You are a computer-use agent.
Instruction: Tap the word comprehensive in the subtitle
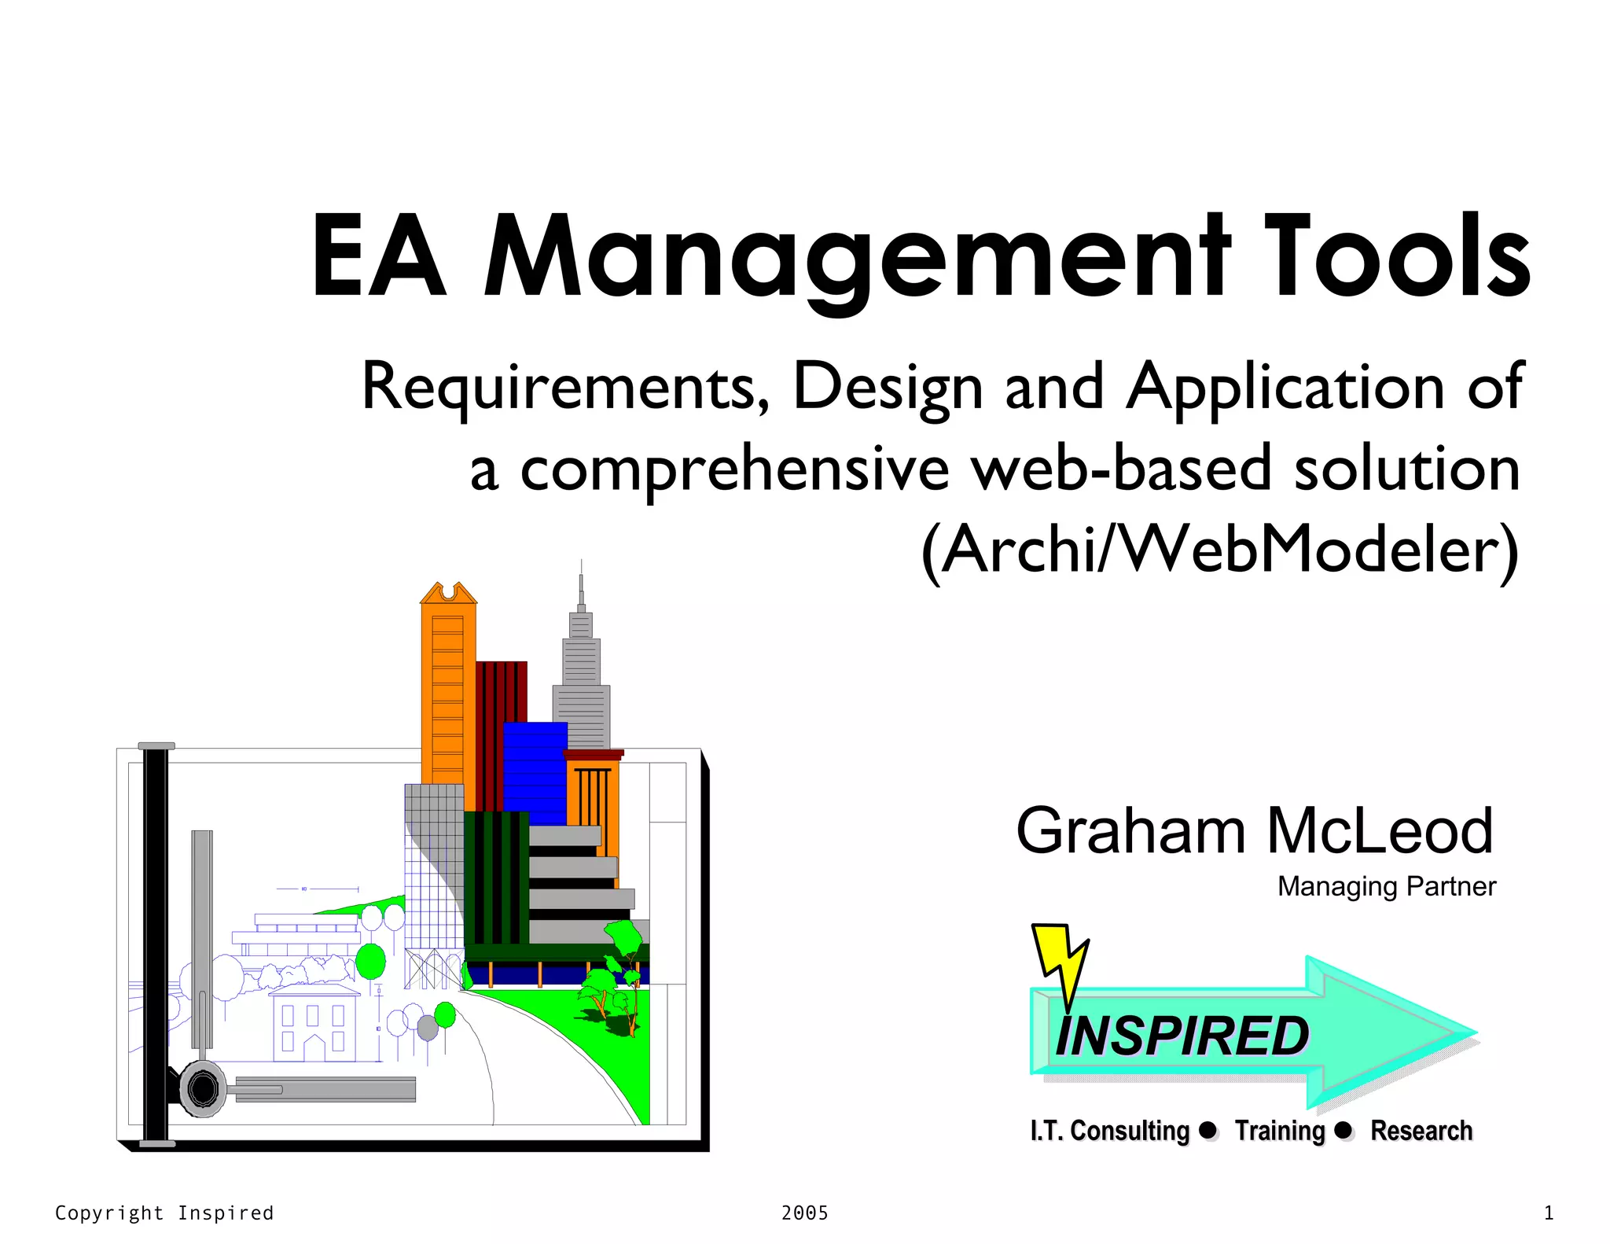click(734, 470)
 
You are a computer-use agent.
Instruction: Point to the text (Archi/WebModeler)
click(1219, 550)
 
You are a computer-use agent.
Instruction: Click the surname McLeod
click(1379, 831)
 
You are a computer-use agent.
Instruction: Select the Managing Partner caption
click(1386, 886)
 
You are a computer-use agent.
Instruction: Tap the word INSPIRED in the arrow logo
click(1182, 1036)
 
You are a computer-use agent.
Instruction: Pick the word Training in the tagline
click(1280, 1131)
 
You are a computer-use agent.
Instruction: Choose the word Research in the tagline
click(1421, 1131)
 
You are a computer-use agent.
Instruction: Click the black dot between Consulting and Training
click(1207, 1130)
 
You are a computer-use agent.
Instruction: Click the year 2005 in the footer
click(804, 1213)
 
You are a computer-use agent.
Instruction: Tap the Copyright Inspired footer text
click(164, 1213)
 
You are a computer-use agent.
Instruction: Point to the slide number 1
click(1548, 1213)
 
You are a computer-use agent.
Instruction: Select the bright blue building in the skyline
click(535, 771)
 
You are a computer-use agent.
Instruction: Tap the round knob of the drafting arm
click(203, 1089)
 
